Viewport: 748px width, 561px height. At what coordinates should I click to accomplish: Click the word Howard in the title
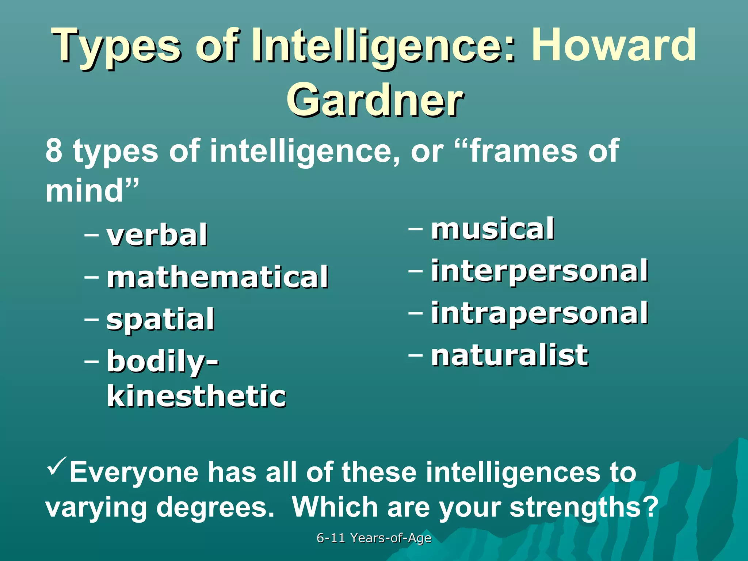coord(614,46)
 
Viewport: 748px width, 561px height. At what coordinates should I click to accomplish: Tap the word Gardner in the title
coord(375,99)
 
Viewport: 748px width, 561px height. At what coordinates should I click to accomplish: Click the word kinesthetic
coord(196,396)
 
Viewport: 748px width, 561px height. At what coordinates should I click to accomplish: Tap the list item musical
coord(492,229)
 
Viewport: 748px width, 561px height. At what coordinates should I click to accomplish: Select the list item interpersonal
coord(539,271)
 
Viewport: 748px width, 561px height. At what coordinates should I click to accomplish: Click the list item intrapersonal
coord(539,313)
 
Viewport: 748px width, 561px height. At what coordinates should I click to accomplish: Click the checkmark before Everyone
coord(57,466)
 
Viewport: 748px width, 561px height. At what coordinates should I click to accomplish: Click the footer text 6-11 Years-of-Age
coord(374,538)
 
